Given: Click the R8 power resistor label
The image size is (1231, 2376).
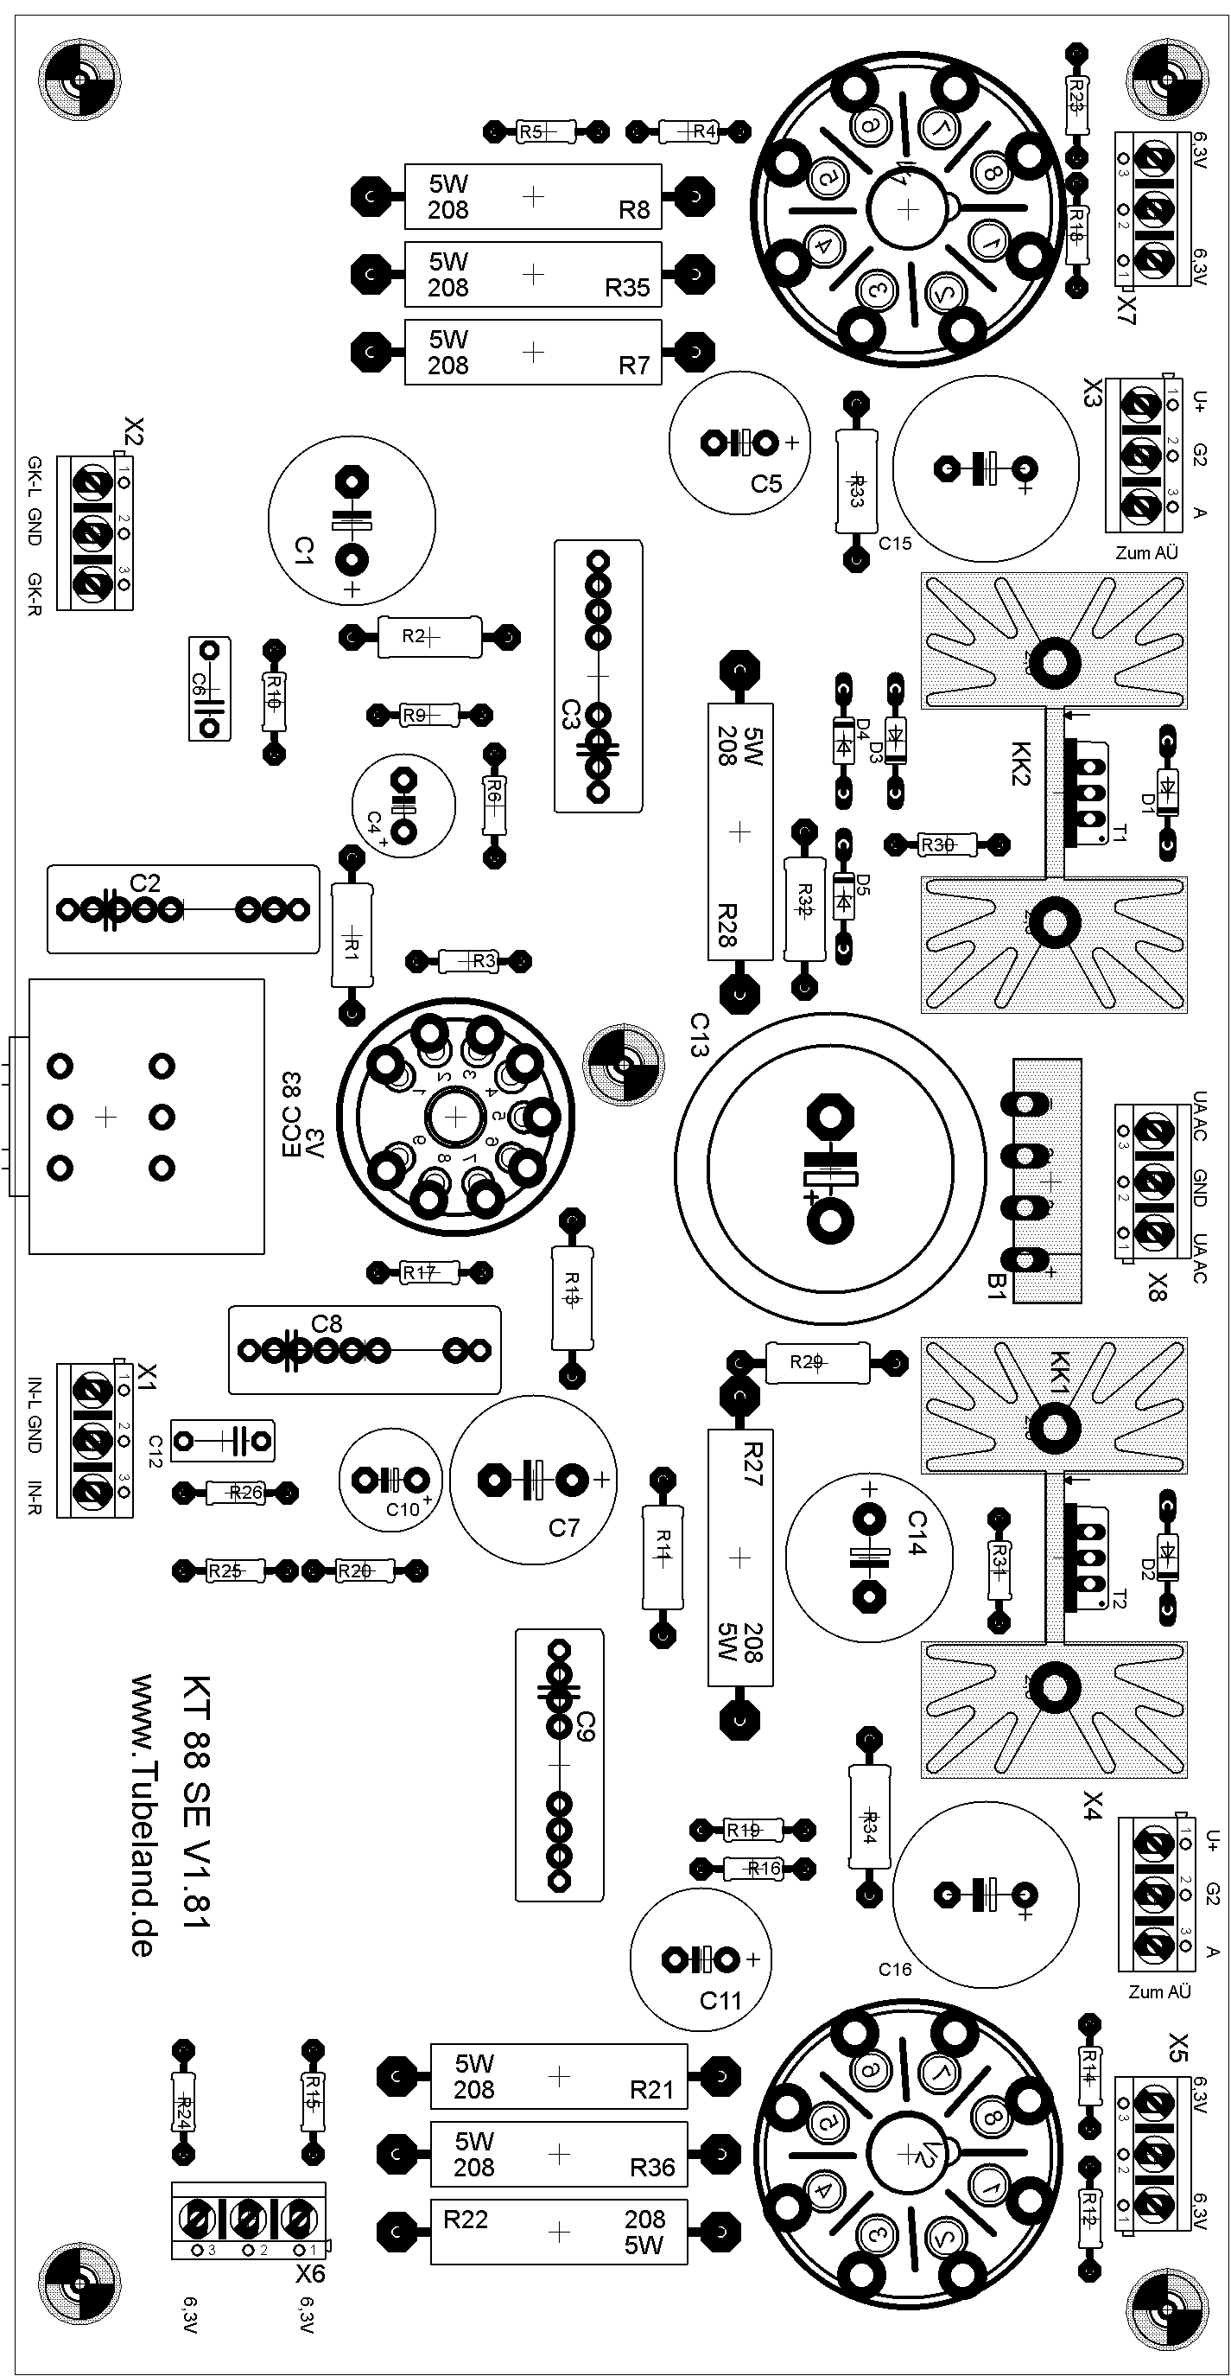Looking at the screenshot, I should point(634,210).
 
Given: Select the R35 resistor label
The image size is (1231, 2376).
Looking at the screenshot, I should point(627,288).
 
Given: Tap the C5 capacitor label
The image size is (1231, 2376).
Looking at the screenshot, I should point(765,483).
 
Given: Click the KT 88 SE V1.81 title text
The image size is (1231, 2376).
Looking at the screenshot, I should point(196,1800).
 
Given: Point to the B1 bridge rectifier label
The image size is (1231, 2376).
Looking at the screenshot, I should point(996,1285).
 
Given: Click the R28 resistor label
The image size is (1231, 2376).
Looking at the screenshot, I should point(727,924).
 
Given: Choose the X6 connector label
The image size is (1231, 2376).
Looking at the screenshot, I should point(310,2272).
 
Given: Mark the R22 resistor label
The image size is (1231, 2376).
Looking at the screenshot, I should point(466,2220).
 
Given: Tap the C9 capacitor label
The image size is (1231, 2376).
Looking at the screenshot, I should point(586,1726).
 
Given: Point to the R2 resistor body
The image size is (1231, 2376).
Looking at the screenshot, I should point(428,636).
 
